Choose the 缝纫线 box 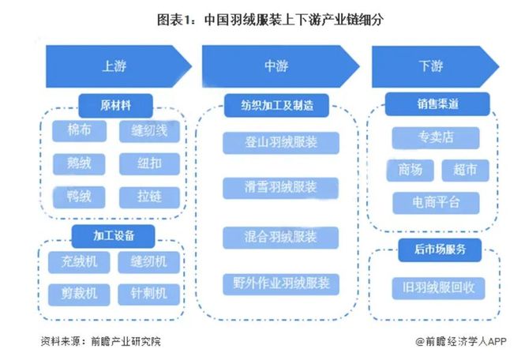point(149,132)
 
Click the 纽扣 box point(149,163)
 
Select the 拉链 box point(149,196)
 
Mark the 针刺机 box point(149,293)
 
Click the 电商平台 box point(436,202)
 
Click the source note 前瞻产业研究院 point(106,342)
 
